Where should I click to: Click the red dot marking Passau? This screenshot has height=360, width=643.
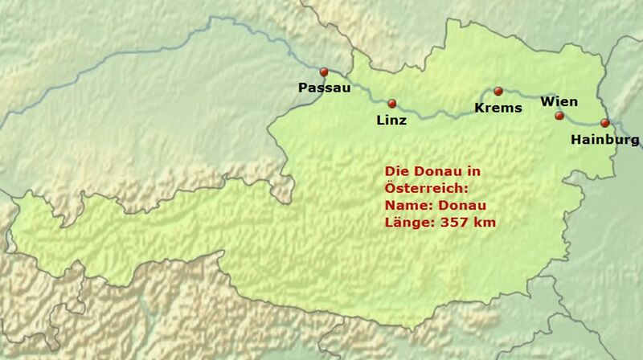pos(324,72)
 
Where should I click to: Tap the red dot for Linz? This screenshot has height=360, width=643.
pos(392,104)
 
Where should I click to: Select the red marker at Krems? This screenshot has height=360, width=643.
pos(498,92)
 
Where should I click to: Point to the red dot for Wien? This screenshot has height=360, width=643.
pos(559,116)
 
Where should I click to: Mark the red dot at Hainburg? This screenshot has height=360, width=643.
pos(604,123)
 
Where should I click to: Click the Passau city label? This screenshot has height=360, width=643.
pos(324,88)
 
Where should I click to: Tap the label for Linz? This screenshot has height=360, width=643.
pos(391,121)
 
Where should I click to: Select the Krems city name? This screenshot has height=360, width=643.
pos(498,108)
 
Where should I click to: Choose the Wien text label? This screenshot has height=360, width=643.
pos(559,101)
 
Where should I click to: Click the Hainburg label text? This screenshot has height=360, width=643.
pos(604,140)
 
